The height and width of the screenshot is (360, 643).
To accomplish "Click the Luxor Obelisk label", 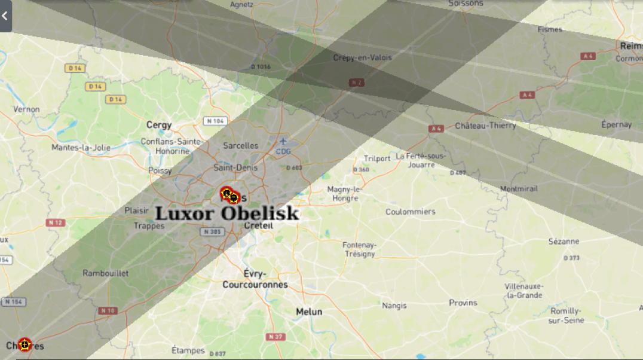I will tap(226, 213).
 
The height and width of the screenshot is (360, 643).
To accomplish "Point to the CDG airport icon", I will tap(283, 142).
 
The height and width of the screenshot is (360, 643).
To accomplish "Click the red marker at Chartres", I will tap(25, 344).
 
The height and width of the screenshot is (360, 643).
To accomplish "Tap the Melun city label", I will tap(309, 312).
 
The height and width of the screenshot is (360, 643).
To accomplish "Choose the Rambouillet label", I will tap(106, 273).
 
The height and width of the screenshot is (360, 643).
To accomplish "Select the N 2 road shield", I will tap(357, 83).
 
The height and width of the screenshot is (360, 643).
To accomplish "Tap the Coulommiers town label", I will tap(411, 212).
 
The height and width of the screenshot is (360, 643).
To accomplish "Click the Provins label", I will tap(463, 303).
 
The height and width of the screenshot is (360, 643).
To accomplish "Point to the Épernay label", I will tap(617, 124).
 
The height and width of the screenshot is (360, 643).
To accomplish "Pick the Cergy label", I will tap(159, 126).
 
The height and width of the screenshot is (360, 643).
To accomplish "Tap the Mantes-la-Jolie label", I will tap(81, 147).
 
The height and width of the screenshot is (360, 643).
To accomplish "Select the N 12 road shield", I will tap(56, 222).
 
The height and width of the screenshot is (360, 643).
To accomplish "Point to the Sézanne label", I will tap(564, 242).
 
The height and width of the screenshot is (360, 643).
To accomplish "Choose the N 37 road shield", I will tap(275, 337).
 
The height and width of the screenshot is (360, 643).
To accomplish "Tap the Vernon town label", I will tap(27, 109).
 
